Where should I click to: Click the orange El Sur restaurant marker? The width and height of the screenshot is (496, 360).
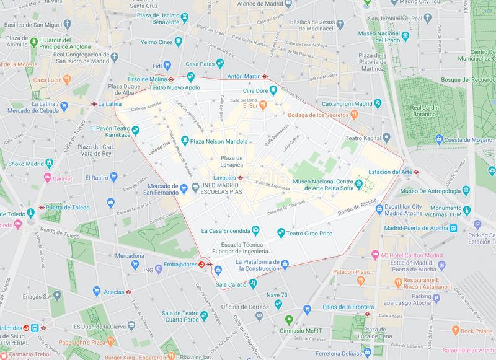[263, 105]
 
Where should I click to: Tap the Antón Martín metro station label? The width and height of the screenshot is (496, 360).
[242, 77]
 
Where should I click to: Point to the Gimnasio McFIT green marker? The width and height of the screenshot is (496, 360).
[288, 320]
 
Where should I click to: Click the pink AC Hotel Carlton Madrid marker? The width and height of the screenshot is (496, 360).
[374, 254]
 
